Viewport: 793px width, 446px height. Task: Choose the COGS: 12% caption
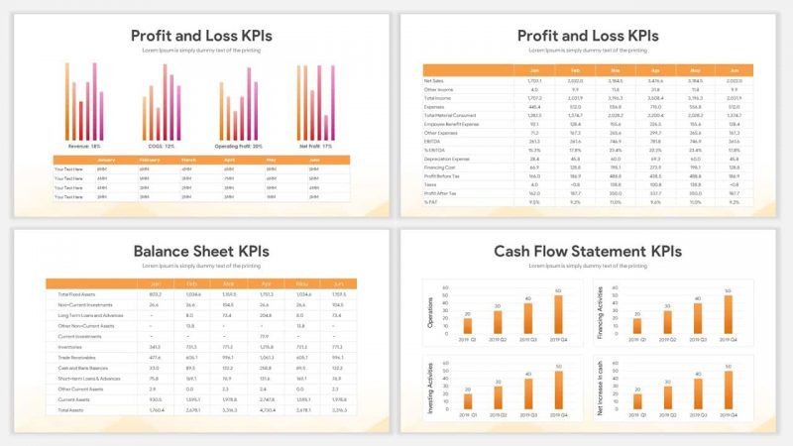[161, 146]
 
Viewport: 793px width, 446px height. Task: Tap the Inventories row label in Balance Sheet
[72, 347]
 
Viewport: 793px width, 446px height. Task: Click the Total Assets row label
[71, 408]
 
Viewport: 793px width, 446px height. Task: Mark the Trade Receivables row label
[76, 357]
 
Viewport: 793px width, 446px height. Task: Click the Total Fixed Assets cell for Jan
[155, 294]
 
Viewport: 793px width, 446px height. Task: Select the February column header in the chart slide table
[150, 160]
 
